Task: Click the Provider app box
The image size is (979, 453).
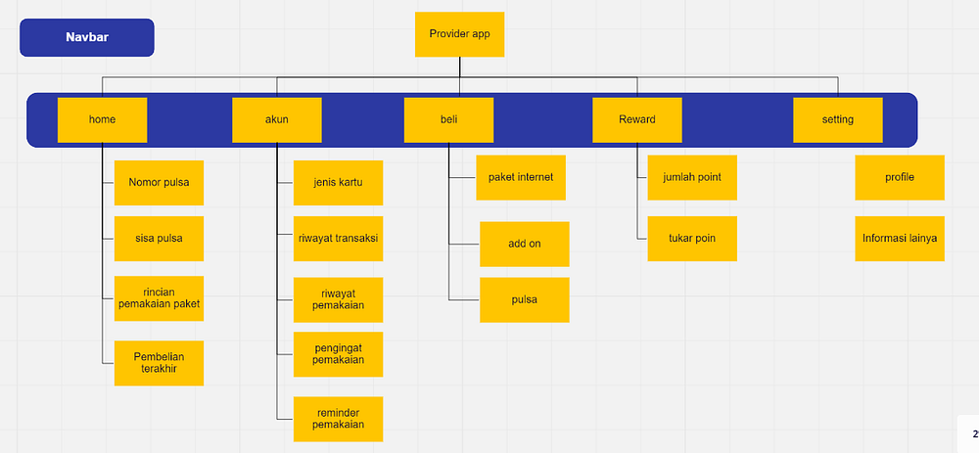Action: click(x=459, y=34)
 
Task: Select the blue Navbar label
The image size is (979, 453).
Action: click(x=87, y=37)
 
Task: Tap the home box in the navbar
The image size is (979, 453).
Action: click(x=103, y=119)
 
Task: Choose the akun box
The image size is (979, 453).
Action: click(x=277, y=119)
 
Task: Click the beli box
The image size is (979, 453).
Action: click(x=449, y=119)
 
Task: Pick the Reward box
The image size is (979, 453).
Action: click(x=637, y=119)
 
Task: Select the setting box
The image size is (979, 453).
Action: click(x=838, y=119)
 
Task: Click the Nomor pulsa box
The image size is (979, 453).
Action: click(x=160, y=183)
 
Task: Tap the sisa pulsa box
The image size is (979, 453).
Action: click(x=160, y=239)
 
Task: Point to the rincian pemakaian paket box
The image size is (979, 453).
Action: click(x=160, y=298)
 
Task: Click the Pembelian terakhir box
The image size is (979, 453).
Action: click(x=160, y=363)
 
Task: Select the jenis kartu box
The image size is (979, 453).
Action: click(x=339, y=183)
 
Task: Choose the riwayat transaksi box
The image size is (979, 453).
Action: click(x=339, y=239)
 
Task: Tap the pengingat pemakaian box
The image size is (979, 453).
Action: click(x=339, y=354)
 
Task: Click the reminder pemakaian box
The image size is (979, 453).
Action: click(x=339, y=420)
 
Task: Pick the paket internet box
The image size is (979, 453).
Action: click(x=521, y=177)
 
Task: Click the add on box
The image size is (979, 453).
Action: click(x=525, y=244)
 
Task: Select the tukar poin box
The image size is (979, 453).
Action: click(x=692, y=239)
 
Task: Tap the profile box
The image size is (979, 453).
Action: click(x=900, y=177)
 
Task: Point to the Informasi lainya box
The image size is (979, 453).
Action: click(x=900, y=239)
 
